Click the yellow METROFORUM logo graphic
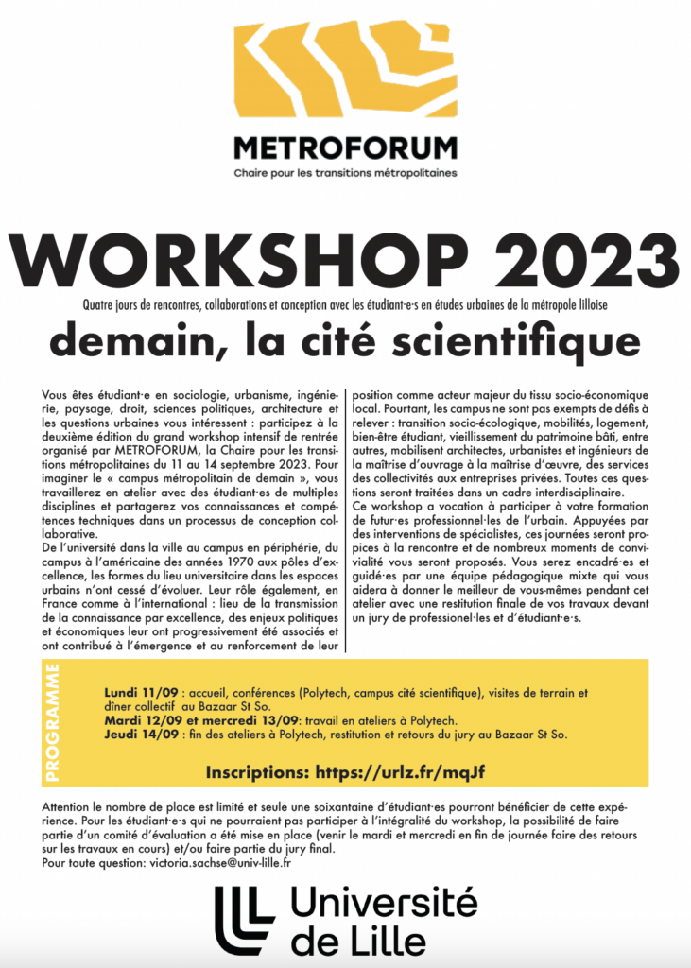click(345, 74)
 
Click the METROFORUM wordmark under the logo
click(345, 149)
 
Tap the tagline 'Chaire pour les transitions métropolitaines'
click(345, 174)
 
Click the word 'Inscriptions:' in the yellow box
click(255, 771)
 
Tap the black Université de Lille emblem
click(244, 920)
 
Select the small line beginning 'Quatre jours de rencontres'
click(345, 302)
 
